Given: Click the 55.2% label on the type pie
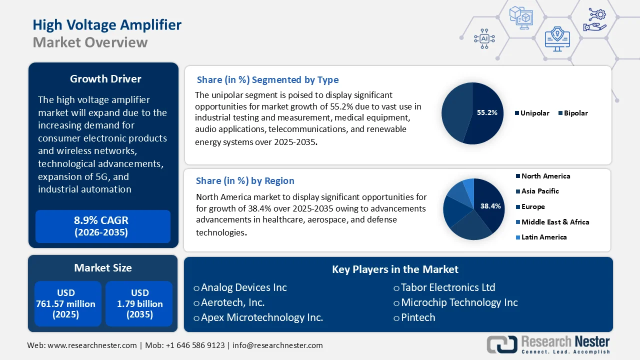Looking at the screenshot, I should [486, 113].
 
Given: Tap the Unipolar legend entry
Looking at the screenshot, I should [533, 113].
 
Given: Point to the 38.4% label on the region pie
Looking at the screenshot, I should [490, 206].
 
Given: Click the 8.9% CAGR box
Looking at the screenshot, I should [103, 226].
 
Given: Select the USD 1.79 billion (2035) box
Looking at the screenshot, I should [139, 303].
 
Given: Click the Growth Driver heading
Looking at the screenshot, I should [105, 79].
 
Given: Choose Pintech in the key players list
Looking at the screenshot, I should [417, 317].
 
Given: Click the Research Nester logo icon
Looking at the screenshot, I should [501, 344].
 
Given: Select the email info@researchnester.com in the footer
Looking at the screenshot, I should [277, 345].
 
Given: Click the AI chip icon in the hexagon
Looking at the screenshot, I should [484, 38].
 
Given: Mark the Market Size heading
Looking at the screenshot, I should [103, 268].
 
